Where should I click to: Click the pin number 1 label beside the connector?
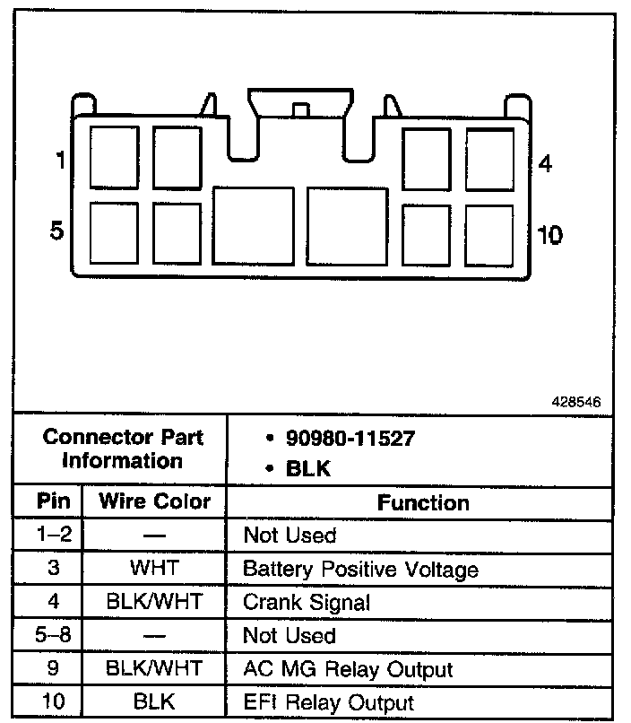pos(59,162)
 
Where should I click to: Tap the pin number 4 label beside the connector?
pos(545,163)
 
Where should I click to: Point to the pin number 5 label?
pos(57,231)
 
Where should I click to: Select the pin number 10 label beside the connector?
pos(549,235)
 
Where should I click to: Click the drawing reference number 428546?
pos(575,403)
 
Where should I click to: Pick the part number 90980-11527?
pos(350,439)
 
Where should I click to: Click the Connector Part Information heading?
pos(123,449)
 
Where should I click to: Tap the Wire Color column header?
pos(155,501)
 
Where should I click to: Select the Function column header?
pos(423,502)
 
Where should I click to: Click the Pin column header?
pos(48,501)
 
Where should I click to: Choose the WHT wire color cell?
pos(154,569)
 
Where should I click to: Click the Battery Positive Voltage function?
pos(360,570)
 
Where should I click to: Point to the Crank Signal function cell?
pos(307,603)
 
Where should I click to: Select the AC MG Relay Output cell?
pos(348,669)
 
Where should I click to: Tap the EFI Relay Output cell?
pos(329,703)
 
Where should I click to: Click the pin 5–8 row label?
pos(48,636)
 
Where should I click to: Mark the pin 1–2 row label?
pos(48,536)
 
